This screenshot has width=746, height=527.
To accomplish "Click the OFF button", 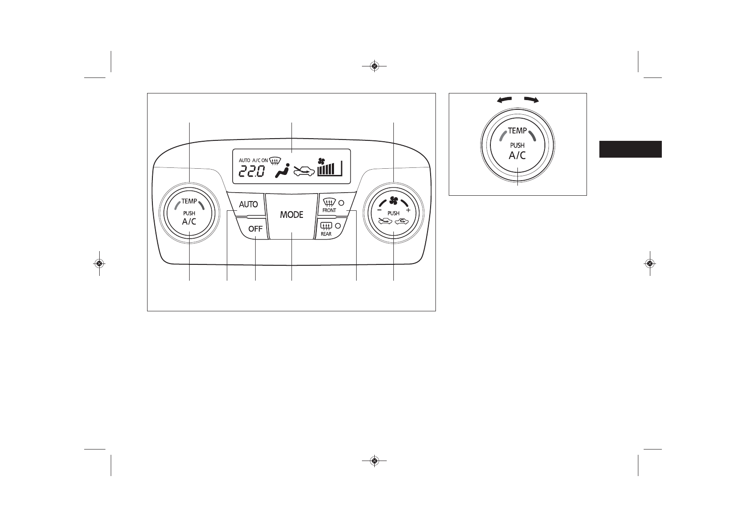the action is click(x=255, y=229).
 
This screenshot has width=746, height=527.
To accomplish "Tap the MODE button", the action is click(x=291, y=215).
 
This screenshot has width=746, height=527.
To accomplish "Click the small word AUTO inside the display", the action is click(x=245, y=160).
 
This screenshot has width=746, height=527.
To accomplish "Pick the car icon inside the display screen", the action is click(x=304, y=171).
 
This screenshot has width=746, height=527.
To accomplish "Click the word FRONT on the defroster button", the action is click(x=329, y=210).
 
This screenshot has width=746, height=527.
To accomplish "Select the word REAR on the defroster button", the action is click(x=326, y=234).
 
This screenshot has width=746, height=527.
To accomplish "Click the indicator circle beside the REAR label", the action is click(x=338, y=226).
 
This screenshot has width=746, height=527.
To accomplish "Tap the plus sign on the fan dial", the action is click(x=408, y=210).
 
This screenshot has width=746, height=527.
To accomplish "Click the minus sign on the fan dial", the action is click(x=379, y=210).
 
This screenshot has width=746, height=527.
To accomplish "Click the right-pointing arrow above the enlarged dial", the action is click(x=531, y=100).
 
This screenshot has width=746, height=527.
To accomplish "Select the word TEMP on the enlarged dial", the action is click(x=517, y=131).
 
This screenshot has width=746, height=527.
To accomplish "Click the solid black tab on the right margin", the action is click(x=630, y=149).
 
